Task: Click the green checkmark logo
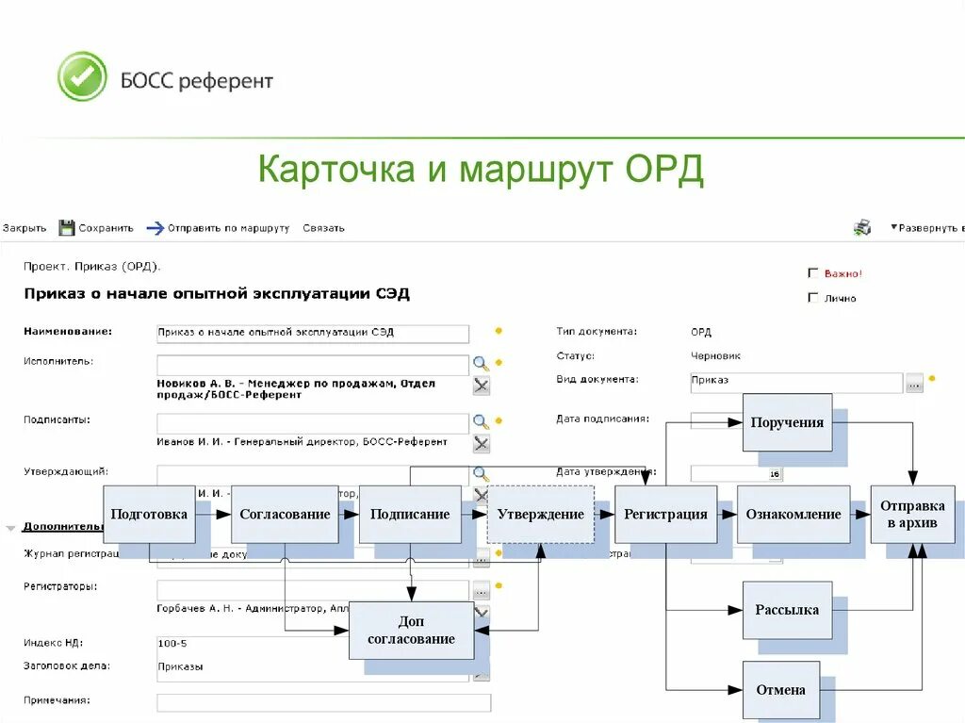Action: point(82,76)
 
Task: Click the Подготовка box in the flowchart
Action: point(149,514)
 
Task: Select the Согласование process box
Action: point(285,514)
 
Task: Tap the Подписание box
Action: point(410,514)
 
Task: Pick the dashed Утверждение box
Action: point(541,514)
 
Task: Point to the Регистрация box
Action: point(665,514)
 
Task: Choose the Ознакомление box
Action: point(793,514)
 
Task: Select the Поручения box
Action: point(787,422)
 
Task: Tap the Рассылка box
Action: point(787,610)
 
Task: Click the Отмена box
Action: point(780,690)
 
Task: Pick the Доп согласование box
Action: point(412,631)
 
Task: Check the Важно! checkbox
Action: point(813,273)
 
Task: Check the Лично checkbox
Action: point(813,298)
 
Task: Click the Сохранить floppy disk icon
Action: point(67,227)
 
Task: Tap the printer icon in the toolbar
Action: point(862,227)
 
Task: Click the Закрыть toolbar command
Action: point(25,228)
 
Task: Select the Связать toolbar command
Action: point(323,228)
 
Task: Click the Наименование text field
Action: point(312,334)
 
